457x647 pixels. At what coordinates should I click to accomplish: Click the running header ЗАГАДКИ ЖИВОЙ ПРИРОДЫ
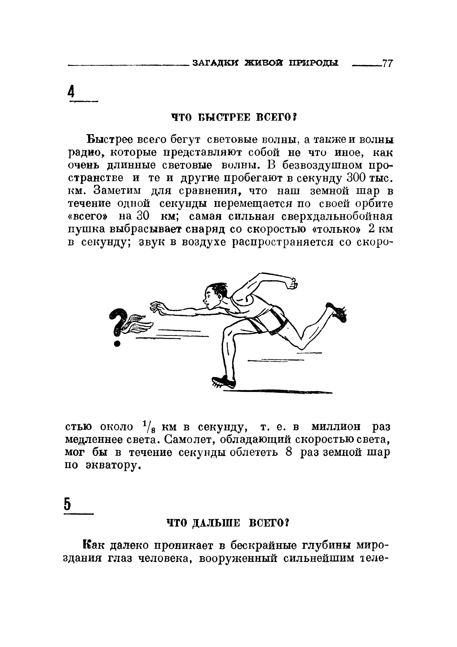pos(265,63)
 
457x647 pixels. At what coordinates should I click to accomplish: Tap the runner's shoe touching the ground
pos(224,382)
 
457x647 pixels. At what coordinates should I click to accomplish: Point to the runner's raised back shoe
pos(338,312)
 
